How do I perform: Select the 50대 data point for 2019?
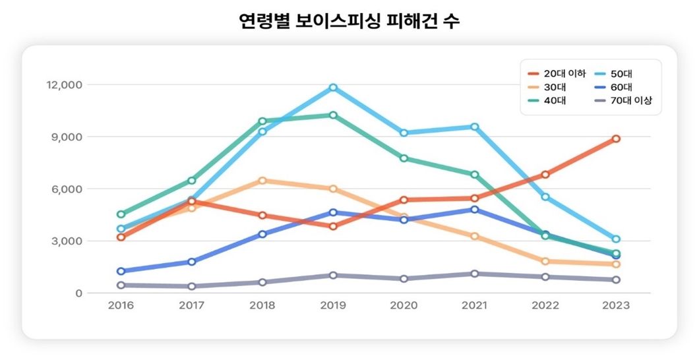point(333,88)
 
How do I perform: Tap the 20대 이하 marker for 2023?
point(615,138)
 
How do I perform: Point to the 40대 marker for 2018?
point(262,121)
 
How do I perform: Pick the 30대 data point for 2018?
point(262,180)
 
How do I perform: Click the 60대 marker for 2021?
point(474,210)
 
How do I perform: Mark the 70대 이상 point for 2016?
point(121,285)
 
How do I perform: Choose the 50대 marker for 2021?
point(474,127)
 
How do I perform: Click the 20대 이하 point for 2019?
point(333,226)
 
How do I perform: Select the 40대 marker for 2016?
point(121,214)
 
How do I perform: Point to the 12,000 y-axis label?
point(64,85)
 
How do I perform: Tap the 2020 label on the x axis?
point(404,306)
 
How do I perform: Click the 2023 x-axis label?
point(615,306)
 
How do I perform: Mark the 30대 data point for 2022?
point(545,262)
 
